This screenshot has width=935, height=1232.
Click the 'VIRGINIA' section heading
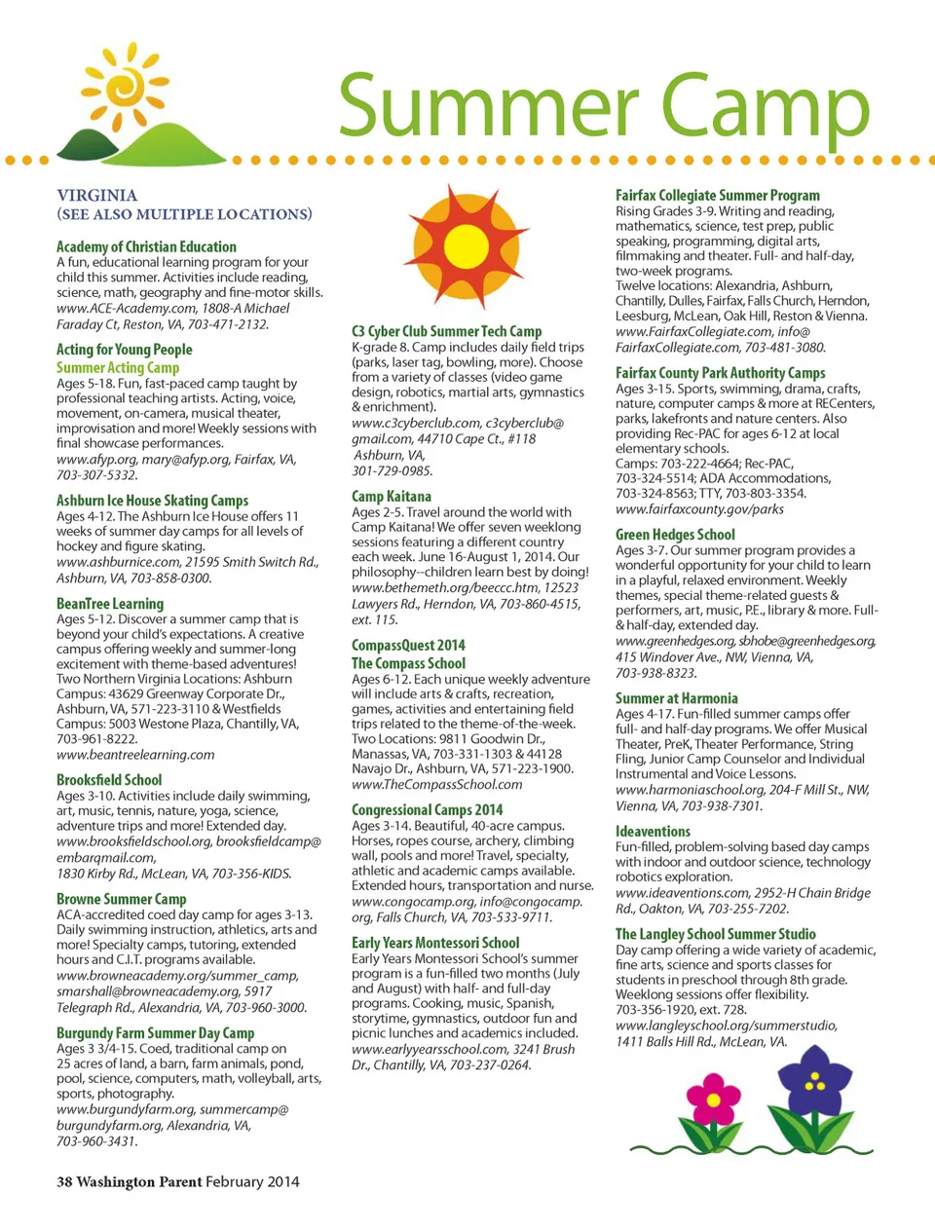[x=96, y=195]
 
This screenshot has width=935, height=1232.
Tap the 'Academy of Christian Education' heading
[x=146, y=246]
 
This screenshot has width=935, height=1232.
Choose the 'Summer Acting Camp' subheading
[x=118, y=367]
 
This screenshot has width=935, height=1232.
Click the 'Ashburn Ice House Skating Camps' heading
[x=152, y=500]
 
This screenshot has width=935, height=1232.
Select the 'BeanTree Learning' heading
[x=110, y=603]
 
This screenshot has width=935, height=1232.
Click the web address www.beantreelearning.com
[x=135, y=755]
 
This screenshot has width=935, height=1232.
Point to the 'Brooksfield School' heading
[x=109, y=779]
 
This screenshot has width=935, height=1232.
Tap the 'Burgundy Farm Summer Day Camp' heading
[x=155, y=1032]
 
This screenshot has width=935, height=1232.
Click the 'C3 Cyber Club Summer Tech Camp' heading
[x=446, y=331]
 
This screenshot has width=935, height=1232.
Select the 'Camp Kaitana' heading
[x=392, y=496]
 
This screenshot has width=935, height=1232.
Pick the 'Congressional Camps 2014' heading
[x=428, y=809]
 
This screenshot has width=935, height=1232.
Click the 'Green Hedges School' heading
[x=675, y=534]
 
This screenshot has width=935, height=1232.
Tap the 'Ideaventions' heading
[x=653, y=831]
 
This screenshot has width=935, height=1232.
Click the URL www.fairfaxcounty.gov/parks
[x=699, y=508]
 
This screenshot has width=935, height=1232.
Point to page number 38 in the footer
[x=64, y=1181]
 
